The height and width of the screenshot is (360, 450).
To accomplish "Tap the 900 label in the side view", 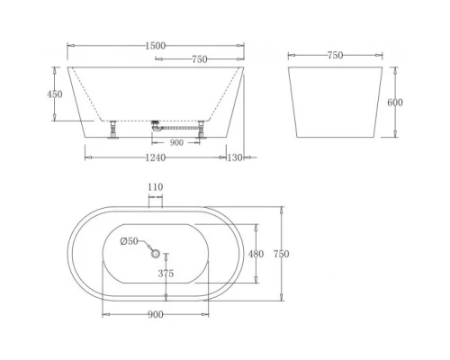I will click(x=175, y=141).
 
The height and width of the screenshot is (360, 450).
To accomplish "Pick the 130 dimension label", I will click(x=236, y=158).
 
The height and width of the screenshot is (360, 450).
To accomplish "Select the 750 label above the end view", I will click(x=334, y=55).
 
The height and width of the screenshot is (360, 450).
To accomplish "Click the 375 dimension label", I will click(x=166, y=274).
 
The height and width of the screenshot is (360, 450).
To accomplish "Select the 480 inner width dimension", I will click(x=256, y=254).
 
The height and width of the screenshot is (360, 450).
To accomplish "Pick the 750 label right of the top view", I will click(x=282, y=255).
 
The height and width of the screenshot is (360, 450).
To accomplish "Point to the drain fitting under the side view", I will click(x=158, y=127).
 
